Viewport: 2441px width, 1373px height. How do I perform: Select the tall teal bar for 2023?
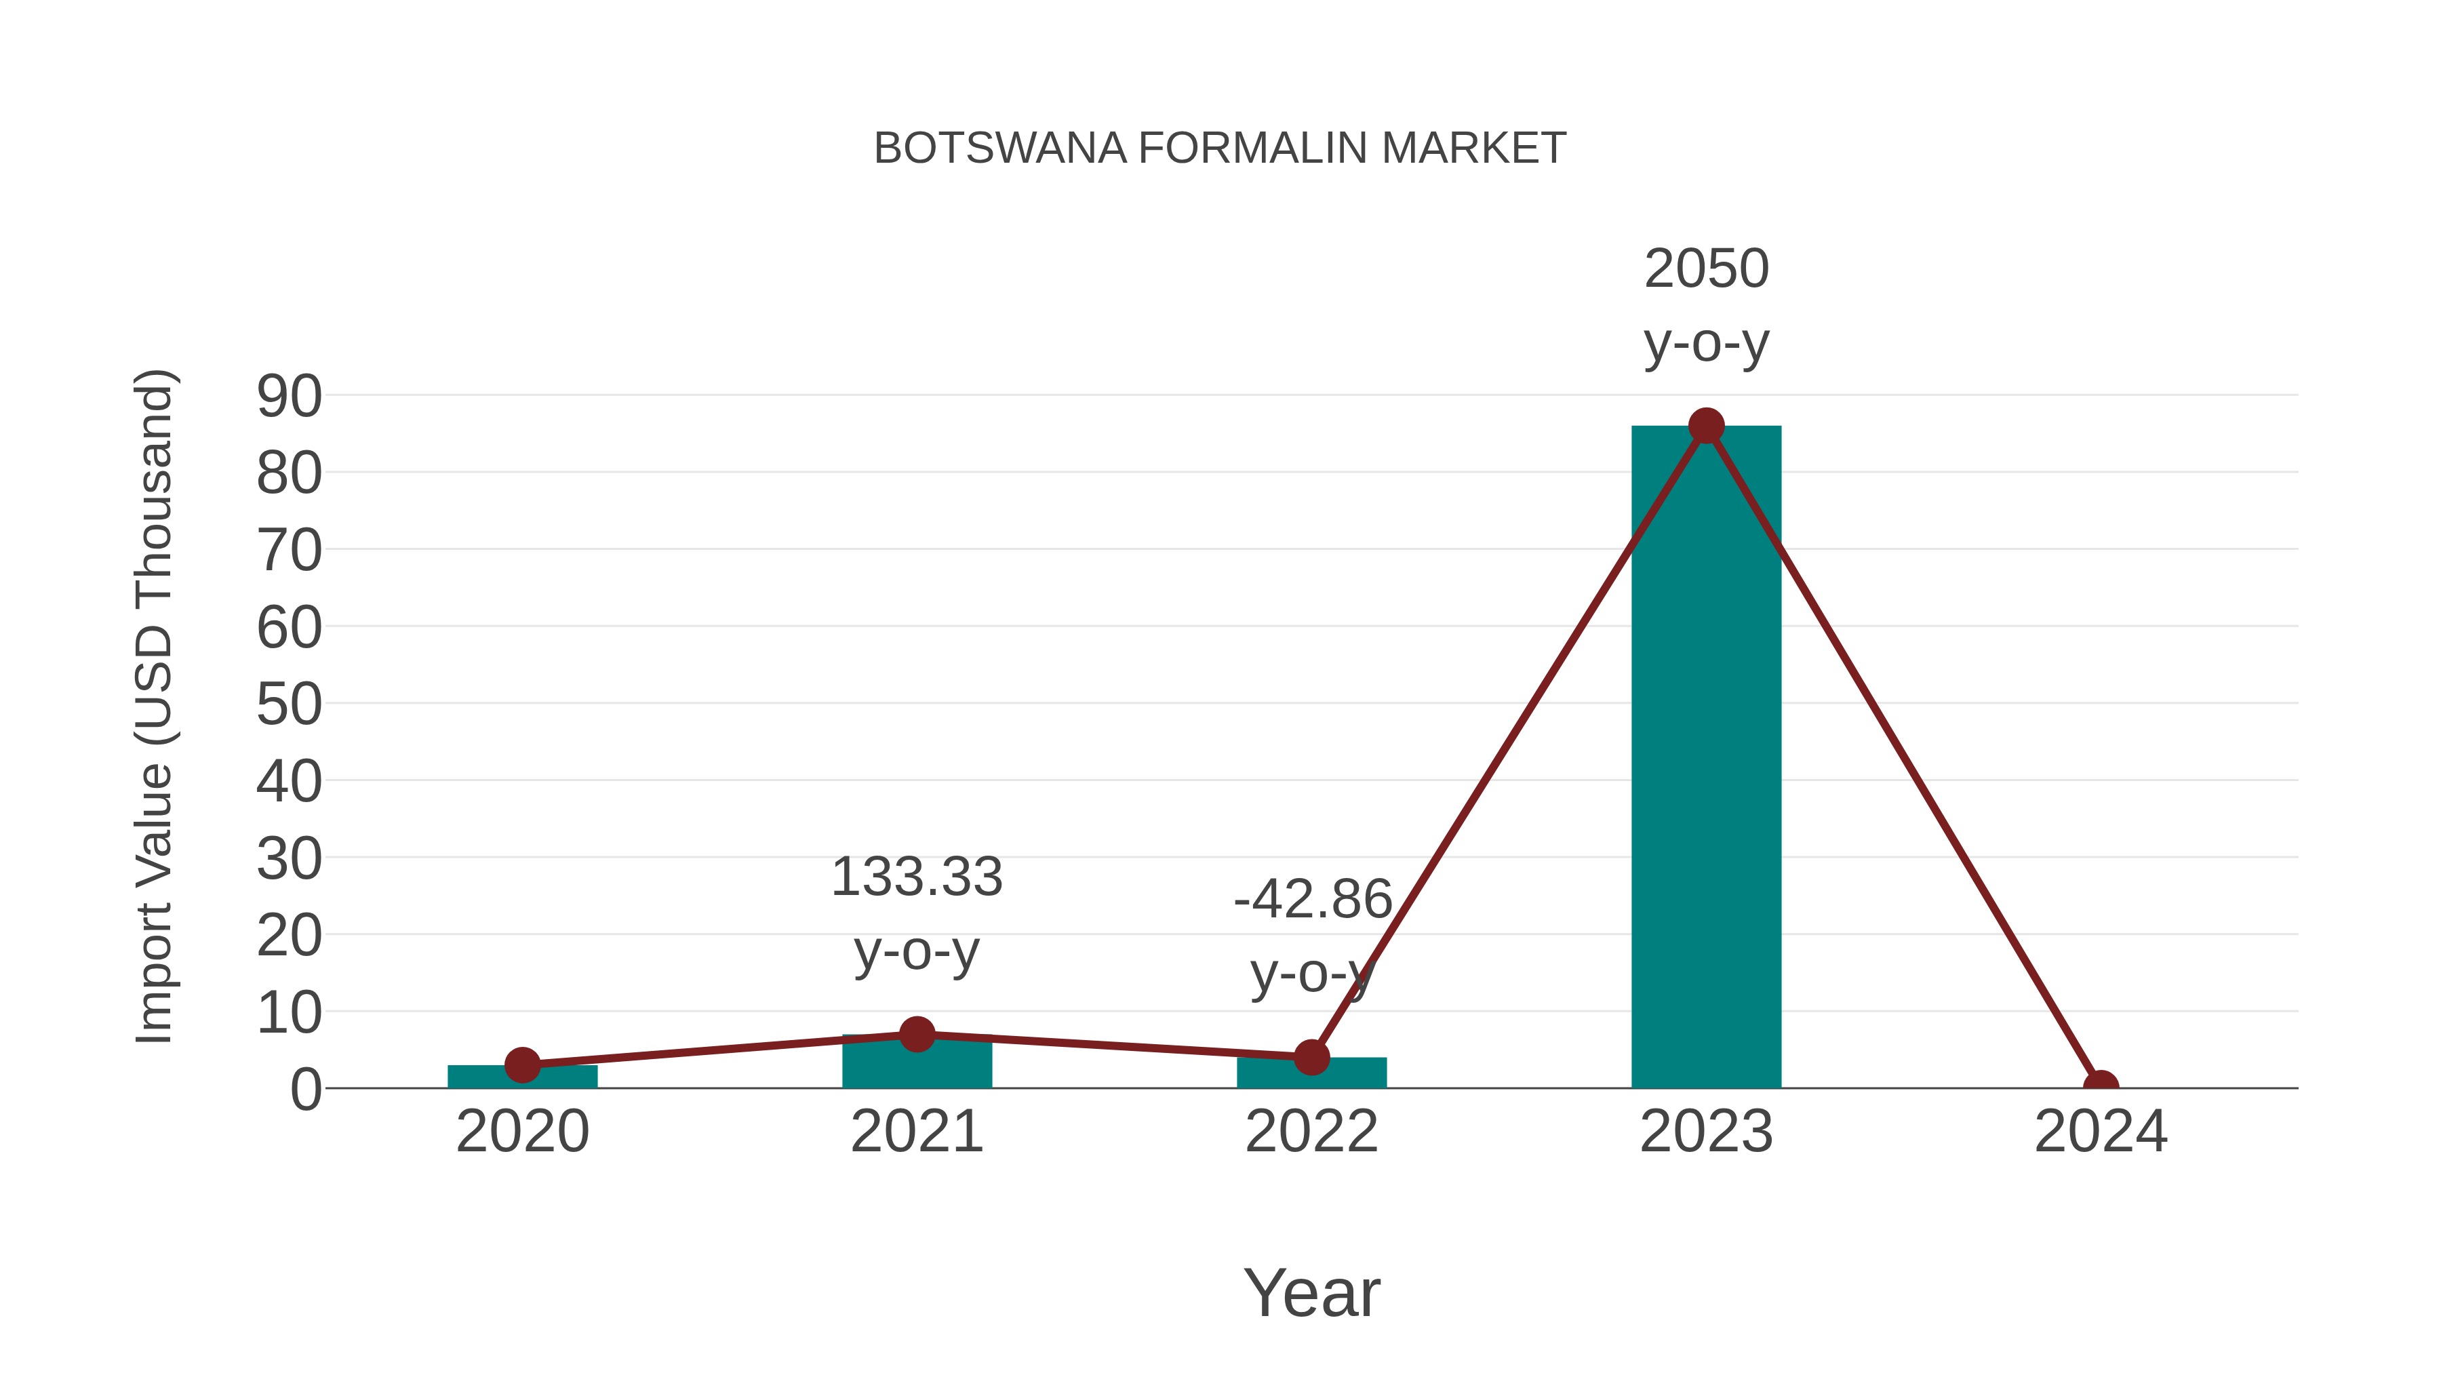(x=1706, y=758)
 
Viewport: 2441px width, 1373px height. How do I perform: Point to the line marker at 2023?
(x=1706, y=426)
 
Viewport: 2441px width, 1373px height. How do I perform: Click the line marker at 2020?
(x=522, y=1065)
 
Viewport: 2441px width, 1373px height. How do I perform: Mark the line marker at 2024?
(x=2101, y=1086)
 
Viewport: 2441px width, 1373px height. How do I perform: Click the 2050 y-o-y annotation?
(x=1706, y=305)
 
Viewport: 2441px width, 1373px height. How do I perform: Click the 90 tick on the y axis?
(x=289, y=396)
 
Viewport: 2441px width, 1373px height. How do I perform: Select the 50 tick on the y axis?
(x=289, y=705)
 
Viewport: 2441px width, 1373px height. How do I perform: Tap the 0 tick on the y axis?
(x=305, y=1090)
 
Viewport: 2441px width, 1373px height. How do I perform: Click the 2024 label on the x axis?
(x=2101, y=1132)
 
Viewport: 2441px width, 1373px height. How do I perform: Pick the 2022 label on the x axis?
(x=1311, y=1132)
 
